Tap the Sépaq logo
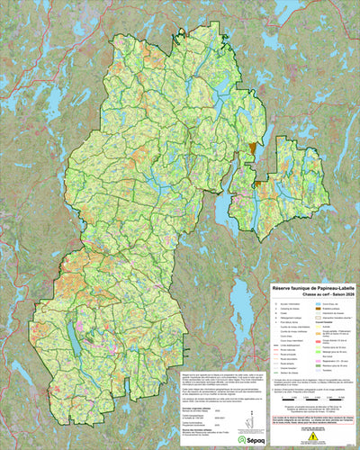(242, 440)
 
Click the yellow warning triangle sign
(312, 437)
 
